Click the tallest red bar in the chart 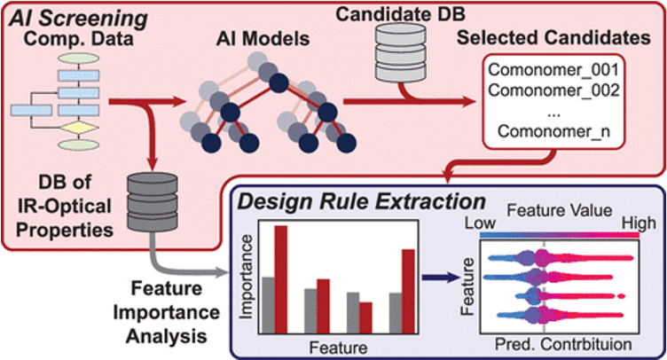(x=281, y=279)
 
